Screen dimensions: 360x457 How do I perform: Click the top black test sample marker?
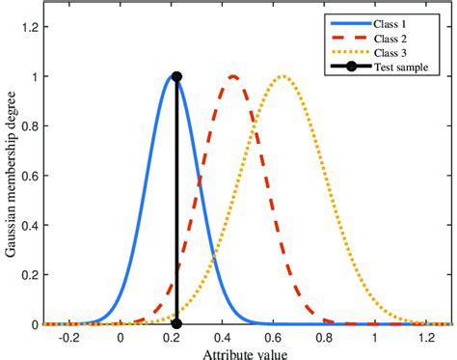[x=176, y=76]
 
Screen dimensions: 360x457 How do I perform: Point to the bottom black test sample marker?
[x=176, y=324]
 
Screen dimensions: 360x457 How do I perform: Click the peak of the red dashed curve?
[x=233, y=76]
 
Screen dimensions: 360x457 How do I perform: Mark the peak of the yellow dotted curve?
[x=282, y=76]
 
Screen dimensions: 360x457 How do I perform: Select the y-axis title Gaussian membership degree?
[x=11, y=174]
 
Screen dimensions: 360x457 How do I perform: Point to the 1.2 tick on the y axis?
[x=31, y=26]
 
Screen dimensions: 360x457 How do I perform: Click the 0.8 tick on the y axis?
[x=31, y=125]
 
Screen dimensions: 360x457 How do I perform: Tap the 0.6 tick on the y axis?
[x=31, y=175]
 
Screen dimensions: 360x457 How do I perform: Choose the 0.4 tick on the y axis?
[x=31, y=225]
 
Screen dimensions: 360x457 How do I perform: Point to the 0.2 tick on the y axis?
[x=31, y=274]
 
